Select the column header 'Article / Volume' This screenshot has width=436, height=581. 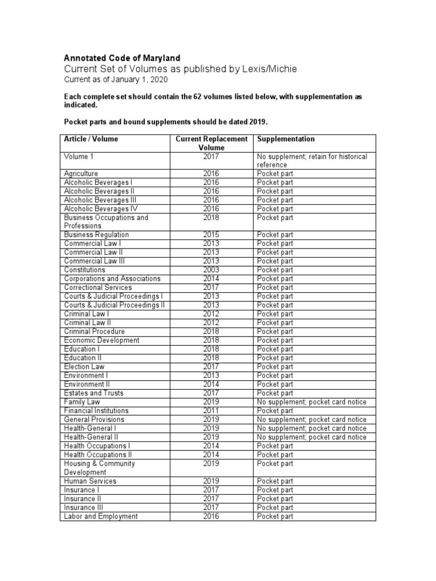91,139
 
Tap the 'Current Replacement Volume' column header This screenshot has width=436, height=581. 211,143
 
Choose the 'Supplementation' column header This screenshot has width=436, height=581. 286,139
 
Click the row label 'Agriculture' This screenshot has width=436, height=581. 81,174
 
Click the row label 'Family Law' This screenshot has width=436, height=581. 82,402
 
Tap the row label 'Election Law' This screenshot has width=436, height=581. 85,367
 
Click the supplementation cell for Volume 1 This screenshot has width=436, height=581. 312,160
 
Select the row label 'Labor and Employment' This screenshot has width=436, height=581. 101,516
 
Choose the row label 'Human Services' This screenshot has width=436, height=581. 90,481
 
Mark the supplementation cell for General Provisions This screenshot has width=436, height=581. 312,419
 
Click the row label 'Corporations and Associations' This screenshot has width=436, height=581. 112,279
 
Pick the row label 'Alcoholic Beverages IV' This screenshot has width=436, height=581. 101,209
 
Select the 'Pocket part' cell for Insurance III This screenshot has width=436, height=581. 275,507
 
